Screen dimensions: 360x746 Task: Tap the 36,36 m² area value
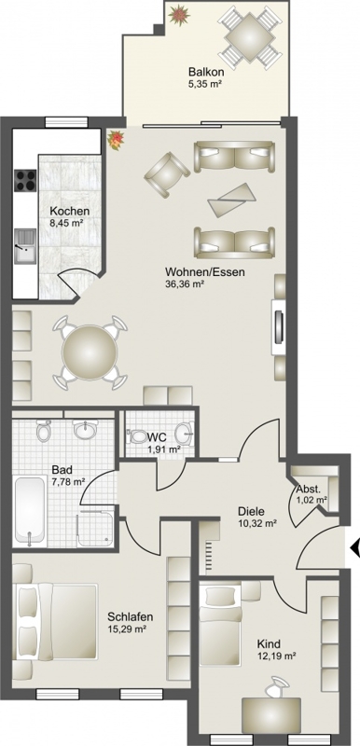pyautogui.click(x=185, y=284)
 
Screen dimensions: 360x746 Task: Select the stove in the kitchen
pyautogui.click(x=26, y=180)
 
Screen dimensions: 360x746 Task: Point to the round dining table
pyautogui.click(x=90, y=352)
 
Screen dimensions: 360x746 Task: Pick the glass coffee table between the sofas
pyautogui.click(x=232, y=200)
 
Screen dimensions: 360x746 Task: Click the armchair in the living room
pyautogui.click(x=167, y=173)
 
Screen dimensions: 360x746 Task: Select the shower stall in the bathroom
pyautogui.click(x=97, y=529)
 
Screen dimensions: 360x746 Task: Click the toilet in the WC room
pyautogui.click(x=137, y=436)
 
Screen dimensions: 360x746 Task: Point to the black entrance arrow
pyautogui.click(x=354, y=548)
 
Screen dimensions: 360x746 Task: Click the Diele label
pyautogui.click(x=251, y=512)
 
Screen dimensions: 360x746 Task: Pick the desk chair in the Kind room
pyautogui.click(x=276, y=686)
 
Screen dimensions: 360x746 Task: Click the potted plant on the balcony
pyautogui.click(x=179, y=14)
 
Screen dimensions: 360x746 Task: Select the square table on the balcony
pyautogui.click(x=250, y=36)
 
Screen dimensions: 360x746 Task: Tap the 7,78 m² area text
pyautogui.click(x=68, y=481)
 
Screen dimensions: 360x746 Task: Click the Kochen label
pyautogui.click(x=70, y=212)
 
